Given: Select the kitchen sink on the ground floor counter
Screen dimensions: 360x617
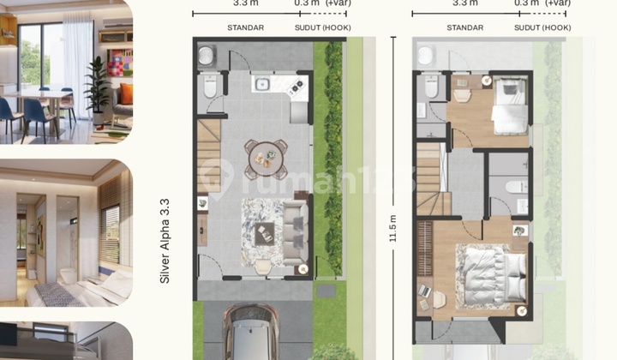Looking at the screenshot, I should [x=262, y=84].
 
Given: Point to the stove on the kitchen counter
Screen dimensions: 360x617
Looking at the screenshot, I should [x=297, y=85].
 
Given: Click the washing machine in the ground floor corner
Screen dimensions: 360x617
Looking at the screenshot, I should [x=208, y=56].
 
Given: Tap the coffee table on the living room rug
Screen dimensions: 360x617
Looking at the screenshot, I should [x=265, y=228].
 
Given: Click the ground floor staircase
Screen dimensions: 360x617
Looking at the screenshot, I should [x=209, y=146].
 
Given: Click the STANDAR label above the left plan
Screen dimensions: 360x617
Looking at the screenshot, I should [x=245, y=28].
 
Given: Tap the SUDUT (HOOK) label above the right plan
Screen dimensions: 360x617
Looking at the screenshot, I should [x=543, y=28].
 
